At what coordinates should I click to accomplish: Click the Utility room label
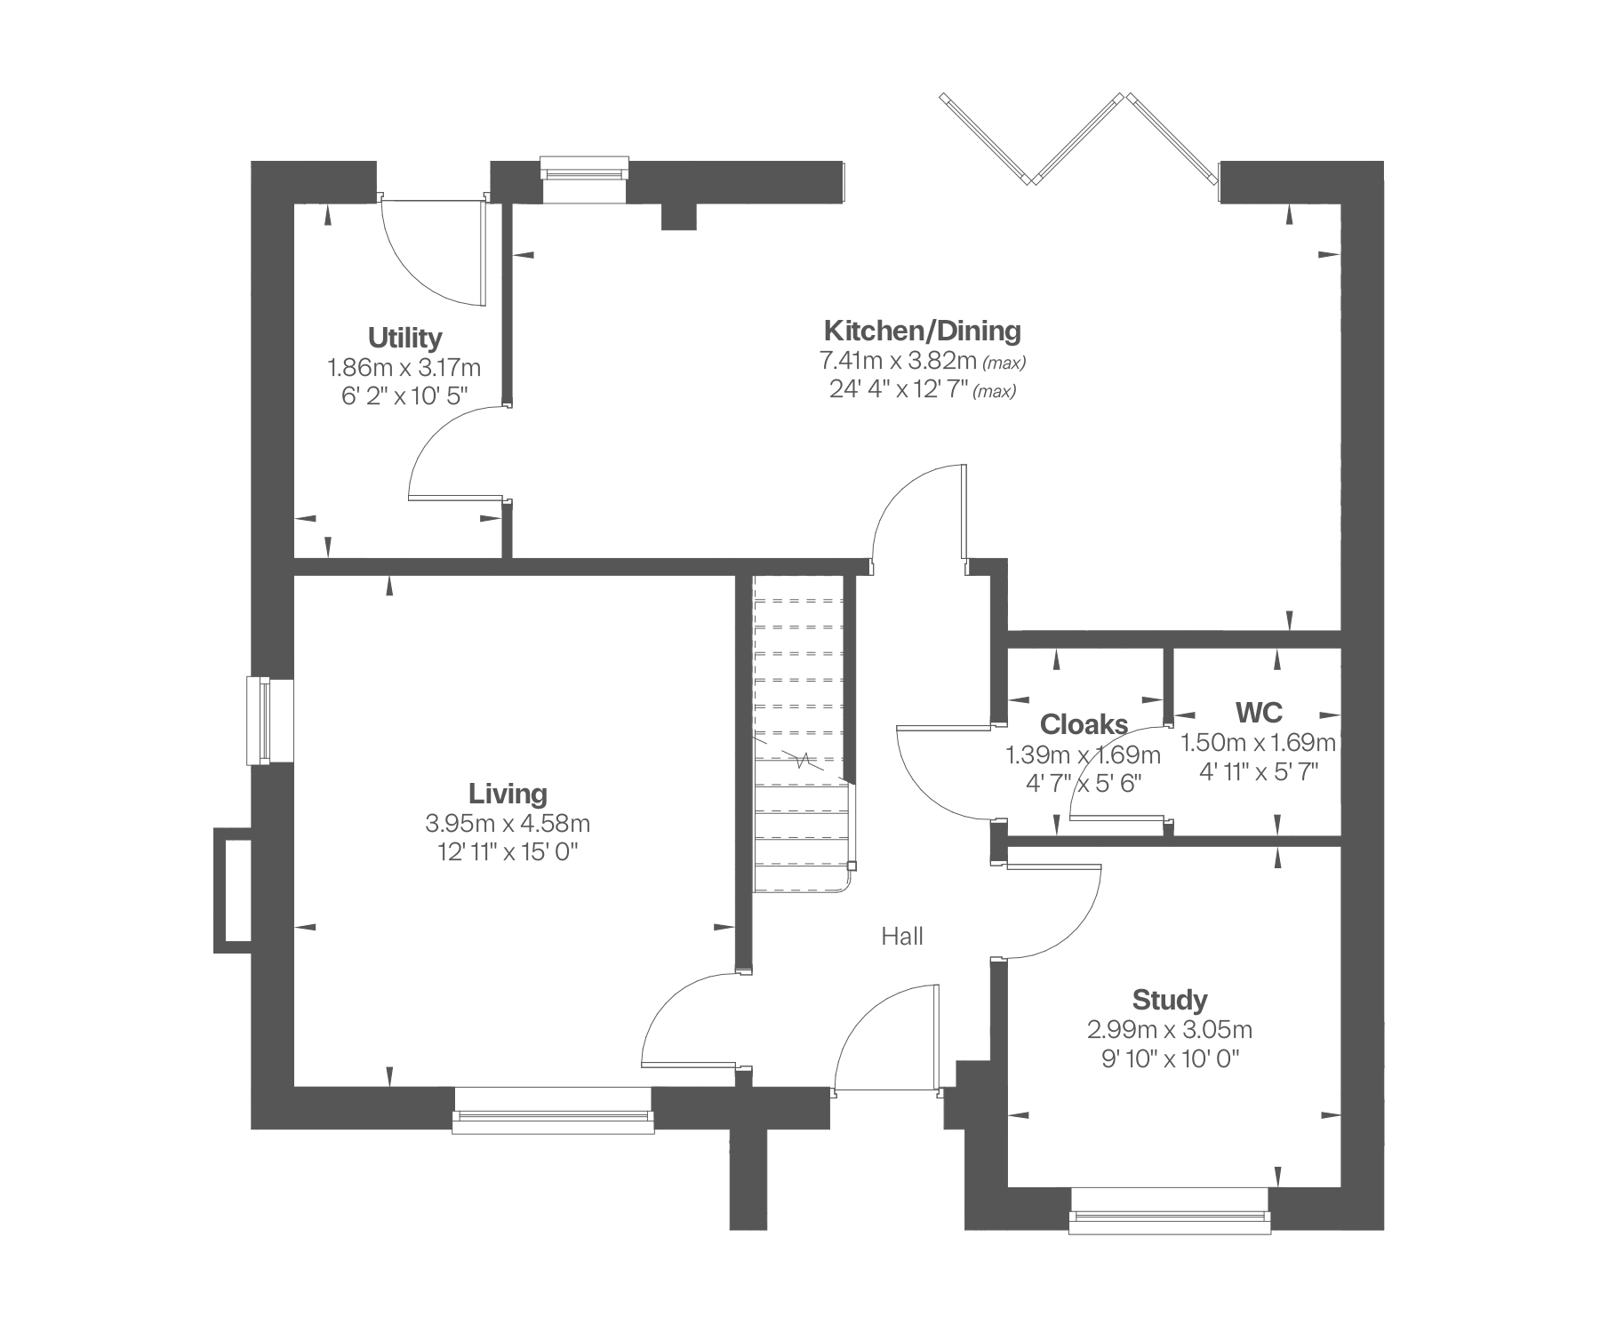pyautogui.click(x=404, y=338)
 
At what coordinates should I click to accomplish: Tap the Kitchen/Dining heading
pyautogui.click(x=923, y=331)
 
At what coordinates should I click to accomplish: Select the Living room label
pyautogui.click(x=508, y=793)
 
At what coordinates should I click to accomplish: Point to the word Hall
pyautogui.click(x=902, y=936)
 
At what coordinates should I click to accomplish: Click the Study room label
pyautogui.click(x=1169, y=1000)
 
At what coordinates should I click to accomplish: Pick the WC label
pyautogui.click(x=1259, y=712)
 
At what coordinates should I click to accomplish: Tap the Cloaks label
pyautogui.click(x=1084, y=724)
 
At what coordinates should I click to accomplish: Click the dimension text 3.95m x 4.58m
pyautogui.click(x=508, y=823)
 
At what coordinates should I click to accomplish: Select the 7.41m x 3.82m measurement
pyautogui.click(x=898, y=361)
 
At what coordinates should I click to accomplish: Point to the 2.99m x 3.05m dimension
pyautogui.click(x=1170, y=1030)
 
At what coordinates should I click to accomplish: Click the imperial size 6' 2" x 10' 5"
pyautogui.click(x=404, y=396)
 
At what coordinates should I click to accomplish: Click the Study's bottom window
pyautogui.click(x=1170, y=1211)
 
